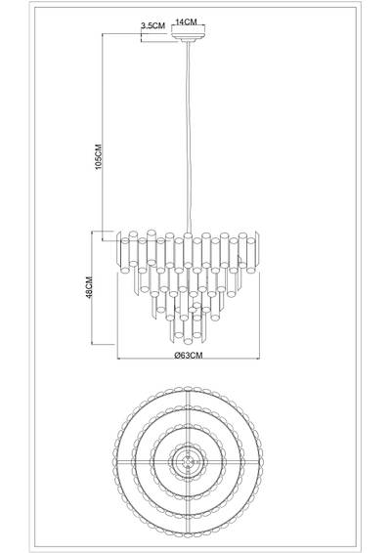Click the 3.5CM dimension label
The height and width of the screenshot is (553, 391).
point(152,25)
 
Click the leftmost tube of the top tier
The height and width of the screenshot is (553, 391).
point(120,241)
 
